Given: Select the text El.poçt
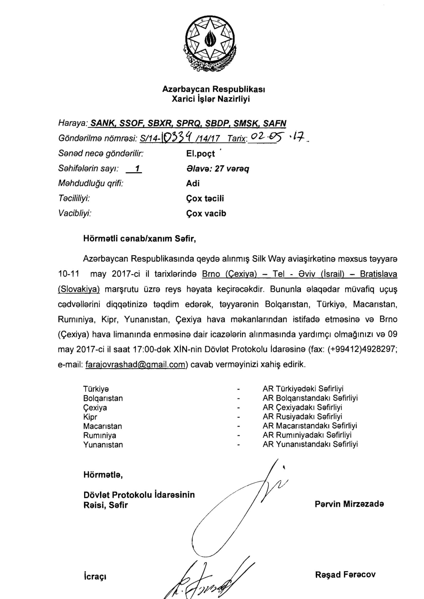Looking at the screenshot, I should [x=200, y=154].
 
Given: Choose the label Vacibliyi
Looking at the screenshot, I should [x=75, y=213].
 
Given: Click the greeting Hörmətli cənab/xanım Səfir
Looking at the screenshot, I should [x=140, y=239].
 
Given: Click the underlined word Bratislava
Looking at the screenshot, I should [x=378, y=274].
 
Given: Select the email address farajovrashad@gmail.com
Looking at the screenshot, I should [x=135, y=364].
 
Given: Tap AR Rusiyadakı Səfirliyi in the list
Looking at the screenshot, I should [x=302, y=417].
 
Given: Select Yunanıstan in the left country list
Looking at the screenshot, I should [x=103, y=445].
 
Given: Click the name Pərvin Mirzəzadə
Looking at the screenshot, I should [x=349, y=504].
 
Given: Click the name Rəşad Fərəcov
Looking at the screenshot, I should [x=345, y=574].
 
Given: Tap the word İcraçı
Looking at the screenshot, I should [x=95, y=576].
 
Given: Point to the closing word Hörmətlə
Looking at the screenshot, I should [x=103, y=475].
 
